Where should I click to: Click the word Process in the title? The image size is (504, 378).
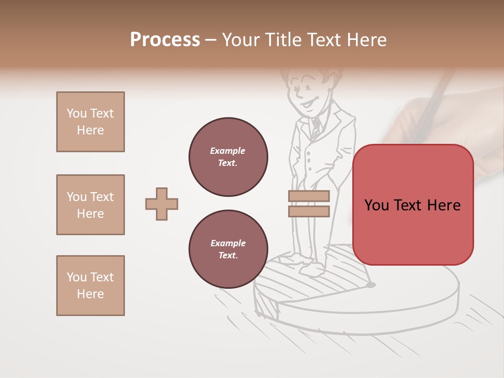[x=165, y=40]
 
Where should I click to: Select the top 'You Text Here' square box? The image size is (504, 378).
[x=90, y=122]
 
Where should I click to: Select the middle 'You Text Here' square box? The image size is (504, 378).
[x=90, y=205]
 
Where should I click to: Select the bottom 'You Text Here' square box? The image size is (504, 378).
[x=90, y=286]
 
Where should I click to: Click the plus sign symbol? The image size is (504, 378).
[x=162, y=204]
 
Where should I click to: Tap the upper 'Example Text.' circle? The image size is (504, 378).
[x=228, y=157]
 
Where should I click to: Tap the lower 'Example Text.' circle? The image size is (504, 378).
[x=228, y=249]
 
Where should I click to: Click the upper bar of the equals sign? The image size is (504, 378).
[x=309, y=196]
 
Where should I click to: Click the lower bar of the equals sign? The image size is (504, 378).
[x=309, y=212]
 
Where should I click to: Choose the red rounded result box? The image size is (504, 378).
[x=413, y=205]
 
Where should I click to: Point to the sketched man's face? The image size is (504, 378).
[x=304, y=94]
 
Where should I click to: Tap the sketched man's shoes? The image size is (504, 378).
[x=310, y=265]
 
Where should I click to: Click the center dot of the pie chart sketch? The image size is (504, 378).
[x=371, y=285]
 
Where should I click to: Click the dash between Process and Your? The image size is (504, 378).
[x=211, y=40]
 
